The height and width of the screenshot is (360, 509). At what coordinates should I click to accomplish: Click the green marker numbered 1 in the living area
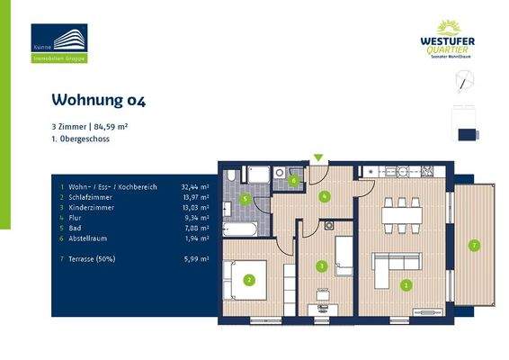(x=406, y=286)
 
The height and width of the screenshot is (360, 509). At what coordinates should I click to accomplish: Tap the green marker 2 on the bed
(x=249, y=280)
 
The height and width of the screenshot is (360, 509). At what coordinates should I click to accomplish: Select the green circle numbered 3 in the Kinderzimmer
(x=322, y=265)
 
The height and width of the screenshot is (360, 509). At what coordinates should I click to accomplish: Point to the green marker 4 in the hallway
(x=325, y=197)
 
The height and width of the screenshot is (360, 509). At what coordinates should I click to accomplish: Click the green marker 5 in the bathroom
(x=246, y=199)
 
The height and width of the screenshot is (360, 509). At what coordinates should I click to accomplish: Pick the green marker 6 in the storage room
(x=293, y=180)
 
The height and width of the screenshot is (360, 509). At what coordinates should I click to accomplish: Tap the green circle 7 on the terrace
(x=474, y=245)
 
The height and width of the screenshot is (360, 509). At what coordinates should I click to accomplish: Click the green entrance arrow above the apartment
(x=317, y=159)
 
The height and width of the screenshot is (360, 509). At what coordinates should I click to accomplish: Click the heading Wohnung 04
(x=98, y=100)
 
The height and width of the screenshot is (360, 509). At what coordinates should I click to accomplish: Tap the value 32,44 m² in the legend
(x=195, y=187)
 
